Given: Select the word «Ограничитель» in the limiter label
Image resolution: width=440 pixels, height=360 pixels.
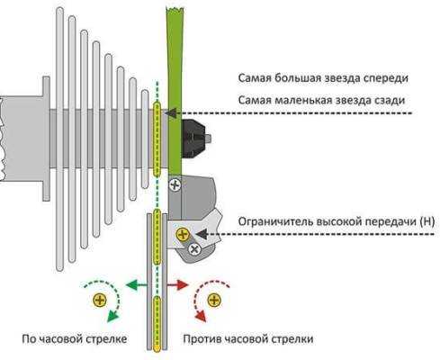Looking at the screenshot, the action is pyautogui.click(x=276, y=222).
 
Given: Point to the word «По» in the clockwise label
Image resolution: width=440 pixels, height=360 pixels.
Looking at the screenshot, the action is pyautogui.click(x=30, y=339).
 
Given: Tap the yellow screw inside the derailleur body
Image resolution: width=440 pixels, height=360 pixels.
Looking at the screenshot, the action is pyautogui.click(x=183, y=234).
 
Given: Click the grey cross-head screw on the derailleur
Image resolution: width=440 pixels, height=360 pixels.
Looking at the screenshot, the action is pyautogui.click(x=194, y=248).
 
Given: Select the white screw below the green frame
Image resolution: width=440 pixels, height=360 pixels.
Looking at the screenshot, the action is pyautogui.click(x=175, y=184).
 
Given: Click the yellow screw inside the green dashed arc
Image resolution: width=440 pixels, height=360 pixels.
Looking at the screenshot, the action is pyautogui.click(x=100, y=300).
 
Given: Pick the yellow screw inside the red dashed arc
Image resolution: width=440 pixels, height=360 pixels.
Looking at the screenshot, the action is pyautogui.click(x=214, y=300).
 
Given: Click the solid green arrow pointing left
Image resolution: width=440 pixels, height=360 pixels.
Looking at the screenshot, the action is pyautogui.click(x=137, y=284).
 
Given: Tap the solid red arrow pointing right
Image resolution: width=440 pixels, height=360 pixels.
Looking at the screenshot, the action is pyautogui.click(x=177, y=284).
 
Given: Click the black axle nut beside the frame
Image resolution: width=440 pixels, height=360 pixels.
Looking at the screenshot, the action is pyautogui.click(x=194, y=139).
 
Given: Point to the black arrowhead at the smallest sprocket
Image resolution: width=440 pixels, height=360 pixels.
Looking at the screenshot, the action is pyautogui.click(x=171, y=113).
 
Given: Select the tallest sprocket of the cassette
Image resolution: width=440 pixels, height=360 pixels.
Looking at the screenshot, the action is pyautogui.click(x=60, y=139).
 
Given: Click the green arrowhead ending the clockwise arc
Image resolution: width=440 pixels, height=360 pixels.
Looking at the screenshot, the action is pyautogui.click(x=112, y=316).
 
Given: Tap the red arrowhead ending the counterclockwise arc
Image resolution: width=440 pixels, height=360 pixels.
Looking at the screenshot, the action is pyautogui.click(x=201, y=316).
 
